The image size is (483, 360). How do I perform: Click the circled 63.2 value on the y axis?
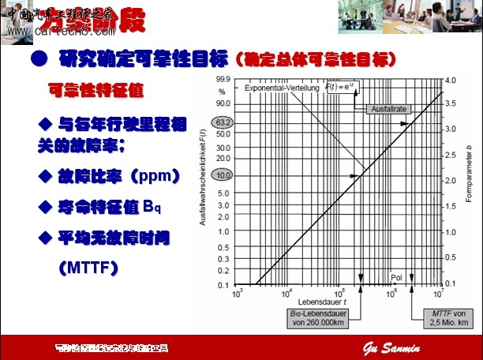click(223, 124)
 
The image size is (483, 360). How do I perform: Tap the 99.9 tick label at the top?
click(223, 80)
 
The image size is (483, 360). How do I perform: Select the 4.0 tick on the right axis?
click(451, 81)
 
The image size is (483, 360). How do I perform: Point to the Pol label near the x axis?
click(395, 278)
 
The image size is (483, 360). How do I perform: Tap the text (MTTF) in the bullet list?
click(88, 268)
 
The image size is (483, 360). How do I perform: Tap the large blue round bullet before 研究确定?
click(37, 59)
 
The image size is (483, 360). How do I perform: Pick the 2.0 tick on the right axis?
click(451, 182)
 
